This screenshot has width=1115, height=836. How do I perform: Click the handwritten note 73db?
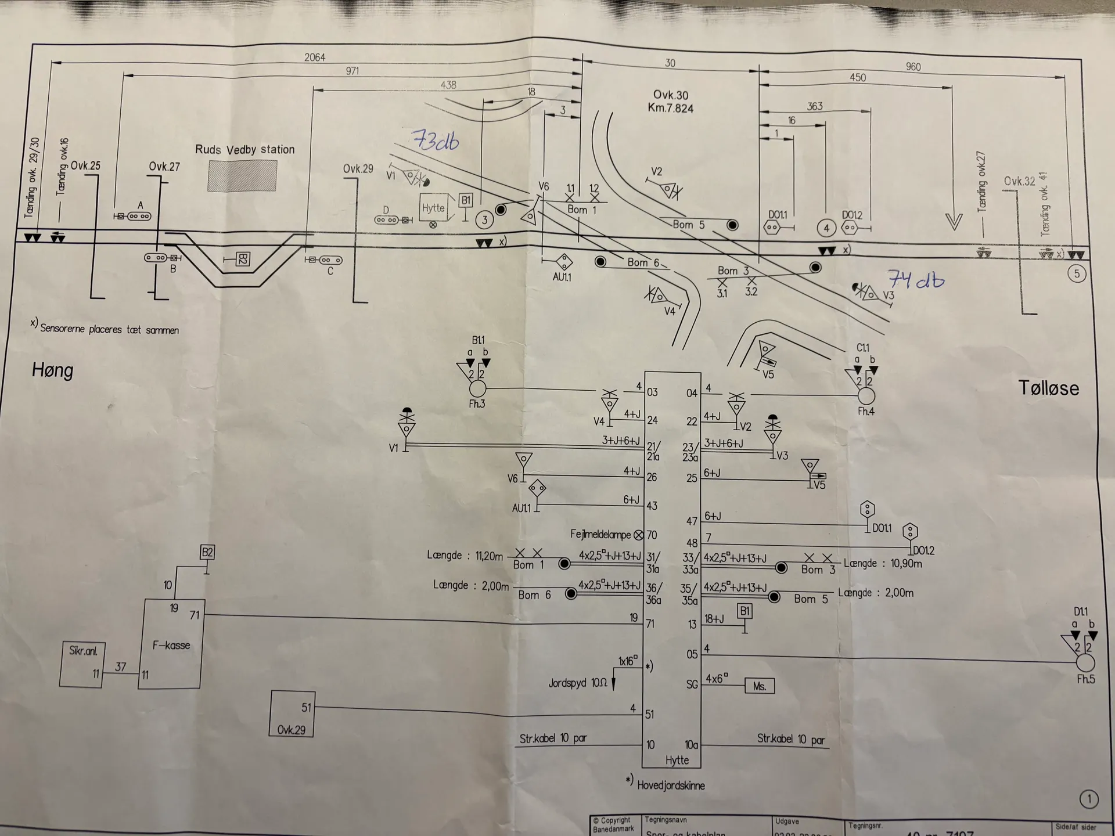tap(436, 140)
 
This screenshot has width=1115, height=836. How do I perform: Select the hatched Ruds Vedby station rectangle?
tap(242, 176)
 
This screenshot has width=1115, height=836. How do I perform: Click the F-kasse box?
tap(171, 644)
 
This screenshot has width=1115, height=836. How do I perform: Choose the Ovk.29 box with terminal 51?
tap(292, 714)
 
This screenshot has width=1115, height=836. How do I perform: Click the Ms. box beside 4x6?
tap(760, 686)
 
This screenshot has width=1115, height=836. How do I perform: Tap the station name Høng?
tap(53, 370)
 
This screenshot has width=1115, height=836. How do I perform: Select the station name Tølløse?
tap(1049, 388)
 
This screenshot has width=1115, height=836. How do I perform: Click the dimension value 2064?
tap(315, 57)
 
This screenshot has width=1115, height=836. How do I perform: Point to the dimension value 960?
tap(913, 67)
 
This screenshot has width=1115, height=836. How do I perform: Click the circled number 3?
tap(484, 219)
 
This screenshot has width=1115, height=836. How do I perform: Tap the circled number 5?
tap(1077, 273)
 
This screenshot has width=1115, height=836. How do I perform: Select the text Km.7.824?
tap(671, 109)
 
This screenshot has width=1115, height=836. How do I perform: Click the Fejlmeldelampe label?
tap(600, 534)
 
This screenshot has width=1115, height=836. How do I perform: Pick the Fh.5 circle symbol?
tap(1085, 662)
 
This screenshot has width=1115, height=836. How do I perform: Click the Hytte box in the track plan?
tap(434, 208)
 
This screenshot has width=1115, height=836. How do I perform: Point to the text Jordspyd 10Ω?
tap(577, 683)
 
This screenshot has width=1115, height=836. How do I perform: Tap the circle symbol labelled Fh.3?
tap(477, 388)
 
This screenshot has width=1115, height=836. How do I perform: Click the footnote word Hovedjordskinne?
tap(671, 785)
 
